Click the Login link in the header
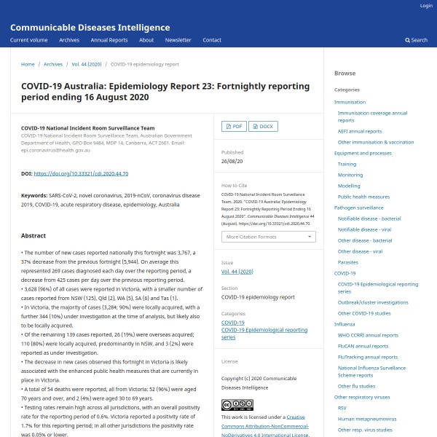[426, 6]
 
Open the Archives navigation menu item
[69, 40]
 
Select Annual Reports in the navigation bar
[109, 40]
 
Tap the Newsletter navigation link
[178, 40]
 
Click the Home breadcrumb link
[28, 64]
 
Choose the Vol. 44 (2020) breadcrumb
[87, 64]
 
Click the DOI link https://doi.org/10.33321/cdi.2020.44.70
[81, 173]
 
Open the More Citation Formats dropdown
[269, 237]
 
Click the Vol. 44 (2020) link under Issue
[237, 271]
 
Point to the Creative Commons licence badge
[236, 404]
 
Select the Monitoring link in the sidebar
[350, 175]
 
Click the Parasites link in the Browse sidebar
[348, 261]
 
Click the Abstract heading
[34, 236]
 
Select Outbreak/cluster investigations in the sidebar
[373, 302]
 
